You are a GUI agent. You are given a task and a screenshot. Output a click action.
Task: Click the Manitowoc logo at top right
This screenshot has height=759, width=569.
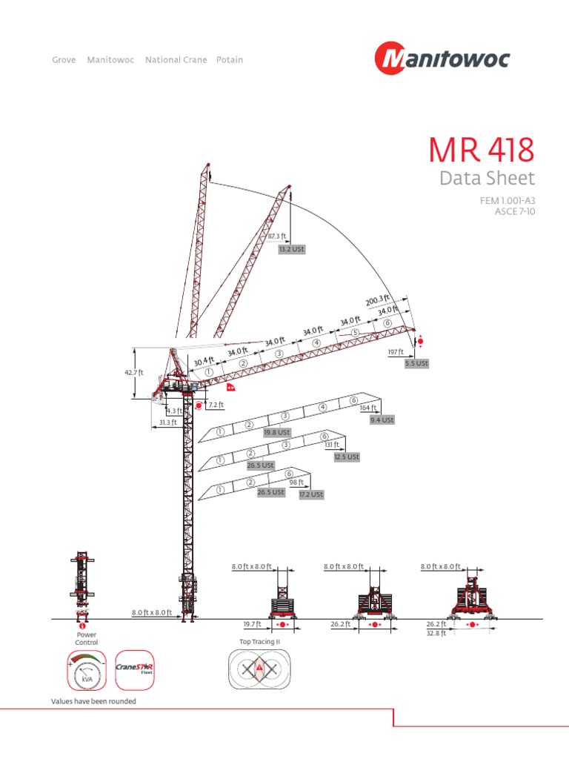(x=442, y=59)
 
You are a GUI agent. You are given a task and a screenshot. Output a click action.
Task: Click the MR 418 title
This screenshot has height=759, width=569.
(x=481, y=150)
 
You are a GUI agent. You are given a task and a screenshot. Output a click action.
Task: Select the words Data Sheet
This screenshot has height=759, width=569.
(x=486, y=179)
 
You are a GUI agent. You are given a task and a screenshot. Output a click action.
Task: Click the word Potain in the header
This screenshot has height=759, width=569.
(x=230, y=59)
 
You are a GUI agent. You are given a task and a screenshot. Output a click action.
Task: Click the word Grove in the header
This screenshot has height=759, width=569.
(x=64, y=59)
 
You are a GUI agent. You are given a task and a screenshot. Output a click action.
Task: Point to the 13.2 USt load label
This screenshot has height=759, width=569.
(x=291, y=250)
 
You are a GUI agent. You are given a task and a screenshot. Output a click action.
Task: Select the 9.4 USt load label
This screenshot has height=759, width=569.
(x=382, y=420)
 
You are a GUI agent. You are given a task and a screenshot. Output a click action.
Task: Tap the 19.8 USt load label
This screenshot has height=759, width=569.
(x=278, y=431)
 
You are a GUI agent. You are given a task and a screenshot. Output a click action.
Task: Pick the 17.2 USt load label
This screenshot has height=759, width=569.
(x=311, y=494)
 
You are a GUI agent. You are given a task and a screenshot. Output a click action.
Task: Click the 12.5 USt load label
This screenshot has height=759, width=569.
(x=346, y=457)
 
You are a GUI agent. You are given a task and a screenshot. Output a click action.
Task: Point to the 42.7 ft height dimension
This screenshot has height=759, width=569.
(x=133, y=373)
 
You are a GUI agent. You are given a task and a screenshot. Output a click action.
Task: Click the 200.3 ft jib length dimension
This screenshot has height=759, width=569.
(x=377, y=300)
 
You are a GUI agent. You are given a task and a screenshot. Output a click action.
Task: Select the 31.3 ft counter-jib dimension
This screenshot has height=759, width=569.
(x=167, y=422)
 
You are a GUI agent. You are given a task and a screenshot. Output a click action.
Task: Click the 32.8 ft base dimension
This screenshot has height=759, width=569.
(x=436, y=634)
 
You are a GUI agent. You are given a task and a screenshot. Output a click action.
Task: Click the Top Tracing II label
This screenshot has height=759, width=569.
(x=259, y=642)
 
